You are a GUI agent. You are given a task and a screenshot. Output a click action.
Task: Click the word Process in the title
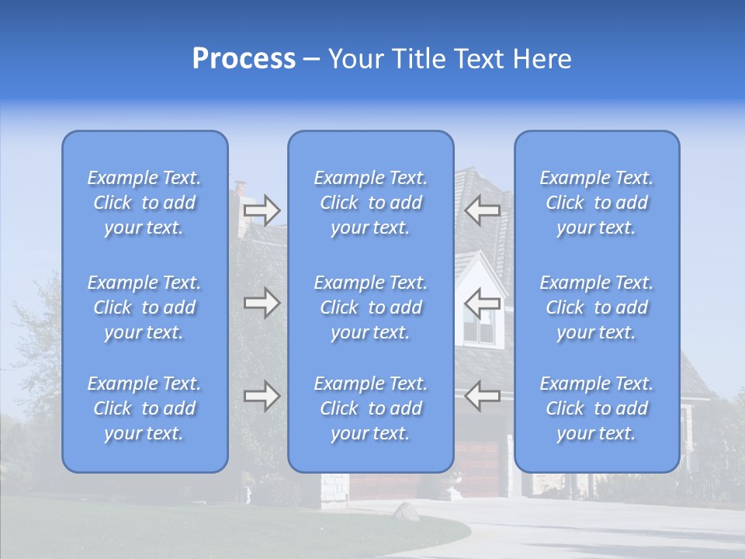pos(244,59)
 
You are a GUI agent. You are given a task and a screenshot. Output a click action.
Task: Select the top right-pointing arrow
pos(262,210)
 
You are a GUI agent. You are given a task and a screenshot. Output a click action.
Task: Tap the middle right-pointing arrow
pos(262,303)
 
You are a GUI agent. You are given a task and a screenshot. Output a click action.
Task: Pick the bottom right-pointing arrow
pos(262,396)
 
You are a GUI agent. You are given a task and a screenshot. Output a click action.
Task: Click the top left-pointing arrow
pos(482,210)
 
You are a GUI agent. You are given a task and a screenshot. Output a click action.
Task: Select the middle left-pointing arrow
pos(482,303)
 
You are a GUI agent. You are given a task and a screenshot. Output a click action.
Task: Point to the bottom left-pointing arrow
pos(482,396)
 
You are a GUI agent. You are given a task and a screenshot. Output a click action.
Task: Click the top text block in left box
pos(144,203)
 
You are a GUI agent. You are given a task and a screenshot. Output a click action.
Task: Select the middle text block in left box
pos(144,307)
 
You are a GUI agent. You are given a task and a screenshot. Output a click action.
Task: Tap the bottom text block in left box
pos(144,408)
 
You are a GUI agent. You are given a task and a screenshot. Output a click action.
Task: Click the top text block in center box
pos(371,203)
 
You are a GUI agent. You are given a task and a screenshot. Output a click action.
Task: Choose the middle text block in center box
pos(371,307)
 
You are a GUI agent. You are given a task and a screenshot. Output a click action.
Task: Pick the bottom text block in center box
pos(371,408)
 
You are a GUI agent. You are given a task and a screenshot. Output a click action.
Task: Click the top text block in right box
pos(597,203)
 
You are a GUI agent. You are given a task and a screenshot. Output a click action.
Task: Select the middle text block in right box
pos(597,307)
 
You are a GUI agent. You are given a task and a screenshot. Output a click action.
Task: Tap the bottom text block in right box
pos(597,408)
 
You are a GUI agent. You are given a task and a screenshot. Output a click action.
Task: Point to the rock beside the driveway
pos(406,511)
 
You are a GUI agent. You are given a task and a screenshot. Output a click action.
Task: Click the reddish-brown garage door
pos(481,470)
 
